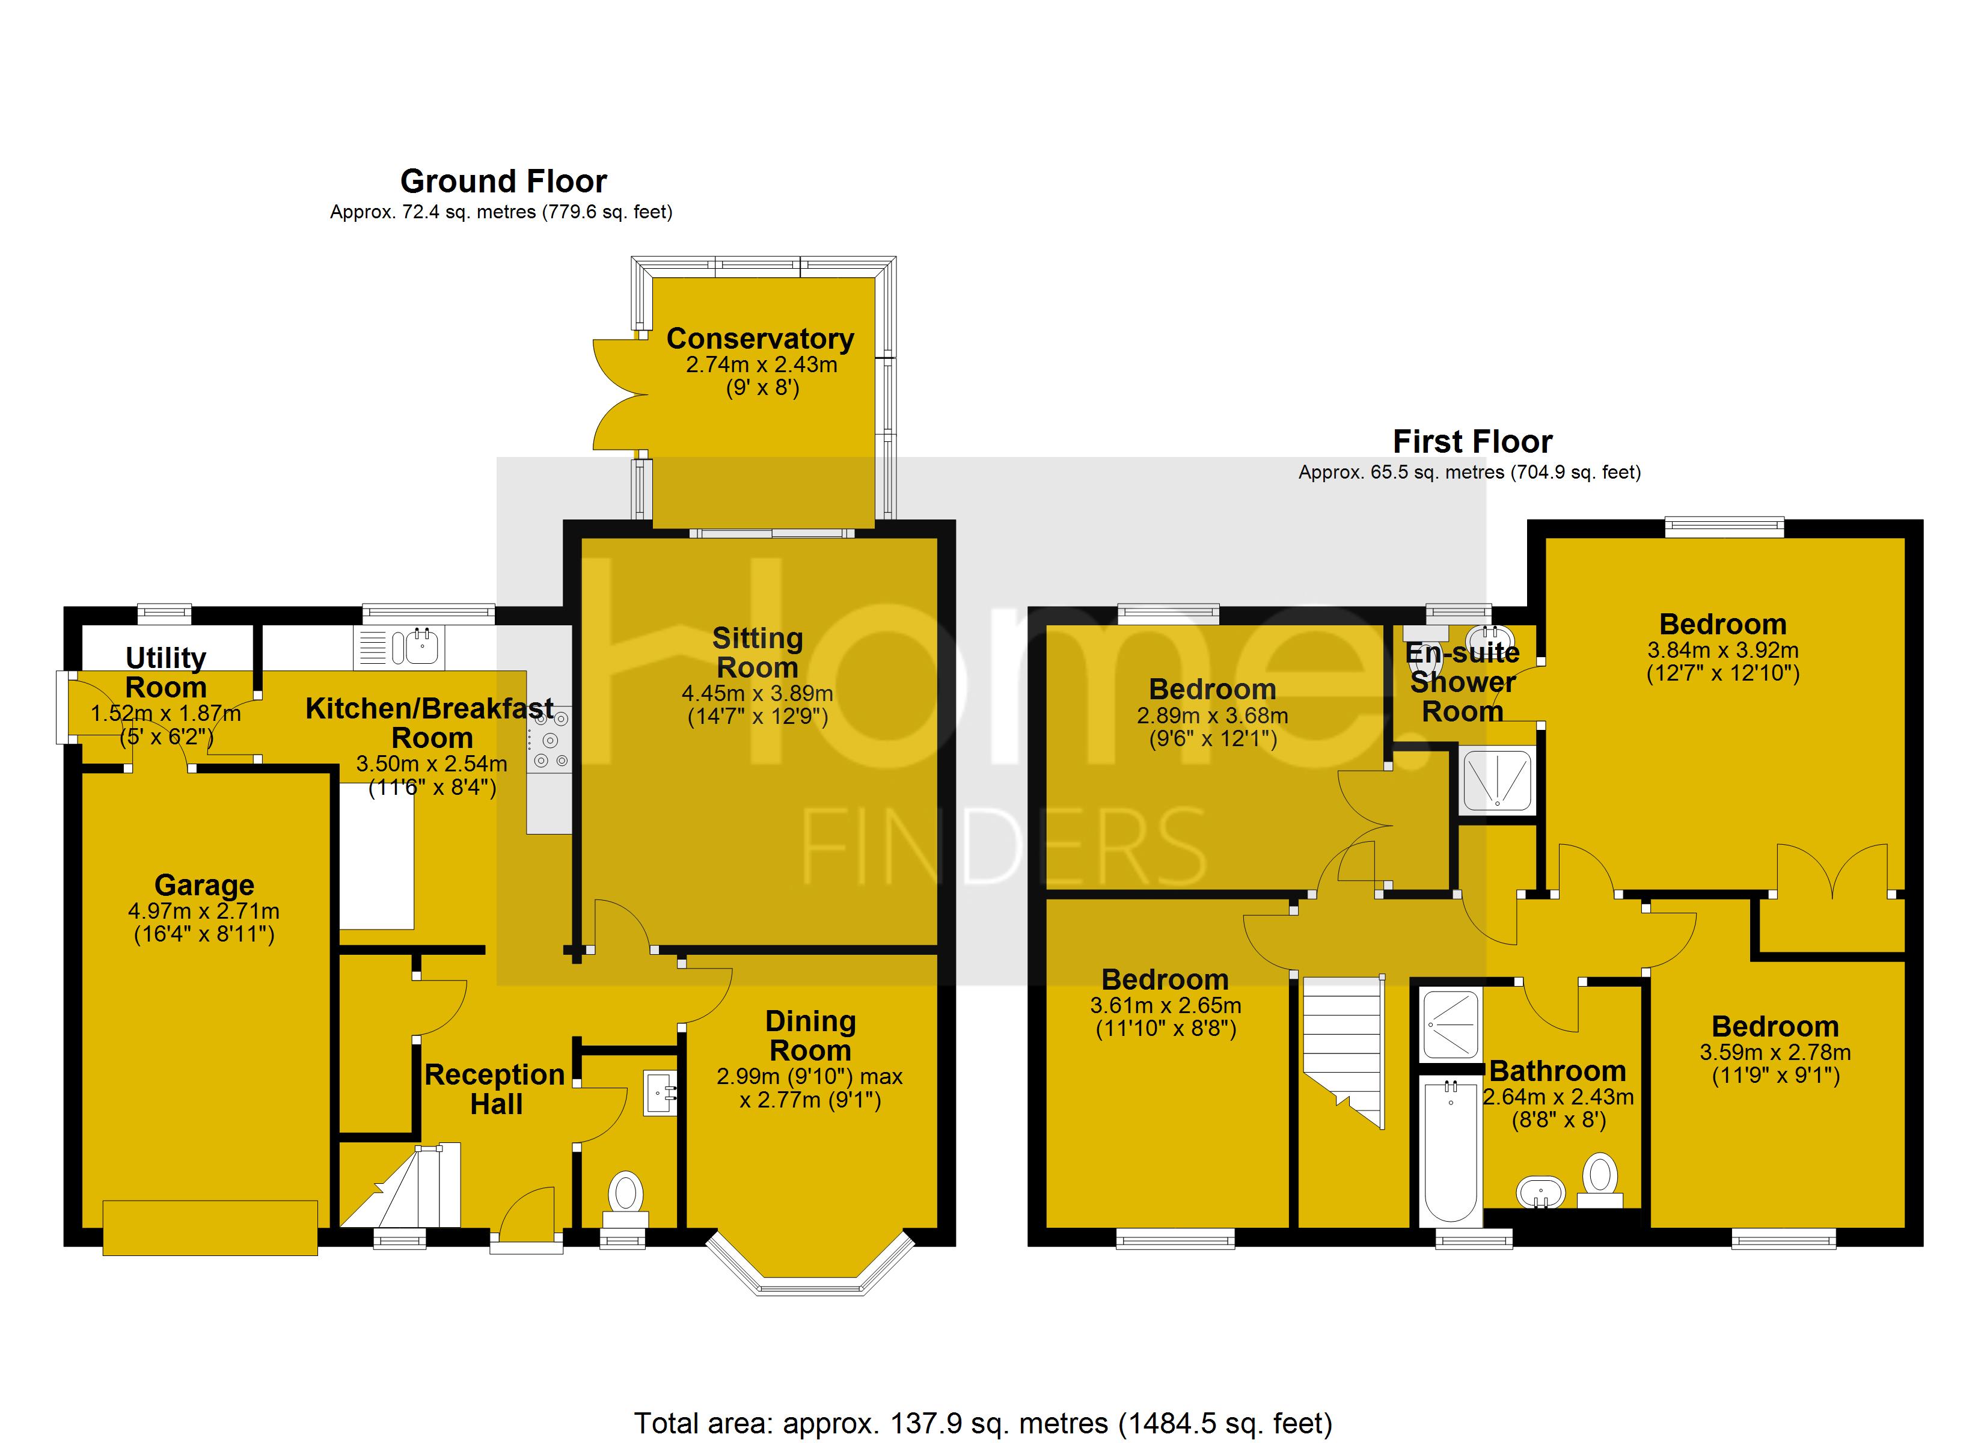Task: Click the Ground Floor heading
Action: pos(503,181)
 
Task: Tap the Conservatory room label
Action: pos(759,338)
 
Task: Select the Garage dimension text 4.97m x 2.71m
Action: pos(204,911)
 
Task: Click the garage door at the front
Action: pos(210,1228)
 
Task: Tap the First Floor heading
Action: pos(1472,441)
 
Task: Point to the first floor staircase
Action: pos(1343,1050)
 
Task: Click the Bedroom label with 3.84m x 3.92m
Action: pos(1722,624)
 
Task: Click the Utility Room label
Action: pos(166,672)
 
